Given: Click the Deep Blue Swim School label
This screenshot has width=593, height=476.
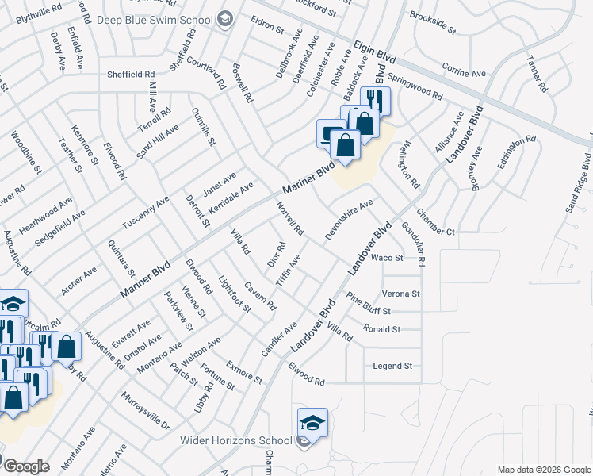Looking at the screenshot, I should (x=155, y=18).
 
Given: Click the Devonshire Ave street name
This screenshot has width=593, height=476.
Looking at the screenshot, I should (x=349, y=221).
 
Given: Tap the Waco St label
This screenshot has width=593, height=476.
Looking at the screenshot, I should (x=388, y=258).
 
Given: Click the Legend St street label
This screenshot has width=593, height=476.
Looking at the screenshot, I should (x=393, y=366).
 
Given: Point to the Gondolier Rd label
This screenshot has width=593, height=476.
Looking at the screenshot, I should (x=414, y=244).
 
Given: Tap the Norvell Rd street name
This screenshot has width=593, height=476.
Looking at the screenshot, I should (x=291, y=218).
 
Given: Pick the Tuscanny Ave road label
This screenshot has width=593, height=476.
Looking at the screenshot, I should (x=145, y=213).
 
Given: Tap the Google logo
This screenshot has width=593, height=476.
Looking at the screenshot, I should (x=26, y=466).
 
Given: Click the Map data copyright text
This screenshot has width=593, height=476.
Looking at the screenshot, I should (x=543, y=470).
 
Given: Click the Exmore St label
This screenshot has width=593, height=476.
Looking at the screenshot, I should (x=244, y=372).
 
